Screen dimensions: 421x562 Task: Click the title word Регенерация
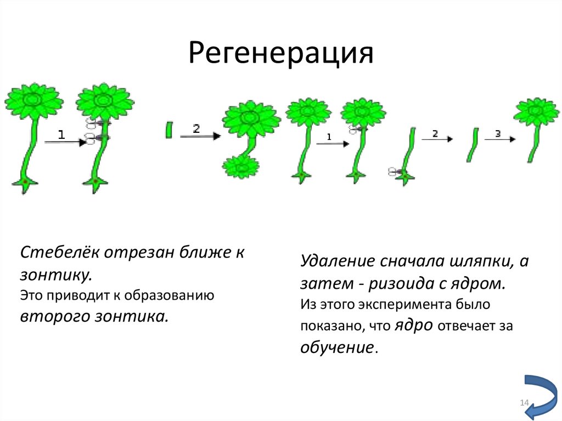point(281,54)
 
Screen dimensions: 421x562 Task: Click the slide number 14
point(524,404)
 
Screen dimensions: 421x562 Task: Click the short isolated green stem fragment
point(169,130)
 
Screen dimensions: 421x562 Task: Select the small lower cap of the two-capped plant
point(241,166)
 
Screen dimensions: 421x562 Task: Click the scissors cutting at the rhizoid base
point(395,172)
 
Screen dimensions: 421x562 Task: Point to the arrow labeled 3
point(499,138)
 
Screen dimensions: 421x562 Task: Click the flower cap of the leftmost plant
point(33,101)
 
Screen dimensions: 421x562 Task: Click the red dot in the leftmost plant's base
point(25,181)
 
